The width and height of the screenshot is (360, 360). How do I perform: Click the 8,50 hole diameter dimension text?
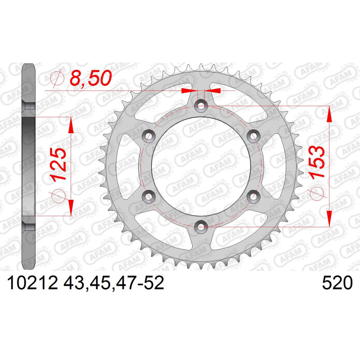(x=91, y=78)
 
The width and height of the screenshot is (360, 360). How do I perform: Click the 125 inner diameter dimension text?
(x=58, y=164)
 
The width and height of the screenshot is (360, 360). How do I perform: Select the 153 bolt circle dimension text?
(x=317, y=162)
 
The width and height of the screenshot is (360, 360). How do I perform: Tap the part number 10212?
(x=32, y=283)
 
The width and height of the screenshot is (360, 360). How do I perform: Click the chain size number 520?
(x=337, y=283)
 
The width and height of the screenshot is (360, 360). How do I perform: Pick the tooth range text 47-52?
(x=140, y=283)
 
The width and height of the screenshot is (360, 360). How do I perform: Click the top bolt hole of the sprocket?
(x=201, y=106)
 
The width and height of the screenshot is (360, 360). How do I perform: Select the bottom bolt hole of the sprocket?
(x=201, y=227)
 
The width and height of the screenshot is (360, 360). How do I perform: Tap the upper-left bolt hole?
(x=149, y=136)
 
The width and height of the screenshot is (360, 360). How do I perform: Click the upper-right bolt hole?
(x=253, y=136)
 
